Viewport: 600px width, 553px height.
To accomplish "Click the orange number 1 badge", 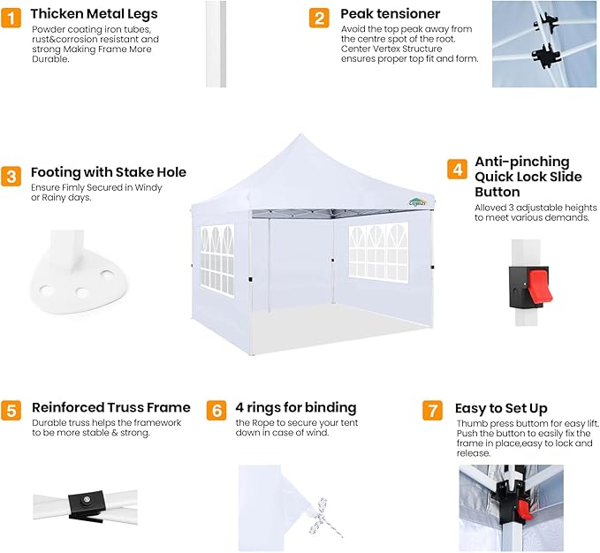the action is [x=11, y=18].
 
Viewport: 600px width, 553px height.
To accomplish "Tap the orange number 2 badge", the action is [x=319, y=18].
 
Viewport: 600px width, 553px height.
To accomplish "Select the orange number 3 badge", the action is [x=11, y=177].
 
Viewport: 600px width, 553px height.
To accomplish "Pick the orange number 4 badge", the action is [x=457, y=169].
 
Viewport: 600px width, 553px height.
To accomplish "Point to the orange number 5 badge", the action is [x=11, y=411].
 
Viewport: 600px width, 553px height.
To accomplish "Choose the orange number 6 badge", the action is [x=216, y=411].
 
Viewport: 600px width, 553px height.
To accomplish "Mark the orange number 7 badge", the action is [x=432, y=411].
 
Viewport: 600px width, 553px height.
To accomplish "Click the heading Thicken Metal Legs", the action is [x=95, y=14].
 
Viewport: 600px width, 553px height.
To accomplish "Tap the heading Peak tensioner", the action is [x=391, y=14].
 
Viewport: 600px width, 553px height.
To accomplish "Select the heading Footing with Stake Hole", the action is [x=109, y=172].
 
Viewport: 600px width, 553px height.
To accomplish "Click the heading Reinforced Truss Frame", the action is [x=111, y=407].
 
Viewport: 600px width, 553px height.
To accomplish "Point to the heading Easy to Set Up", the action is [x=501, y=408].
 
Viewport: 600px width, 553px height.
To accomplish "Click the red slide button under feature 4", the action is [x=540, y=285].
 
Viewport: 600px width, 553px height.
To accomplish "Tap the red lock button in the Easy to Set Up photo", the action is [x=524, y=510].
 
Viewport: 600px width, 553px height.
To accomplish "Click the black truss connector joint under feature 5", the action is [x=86, y=504].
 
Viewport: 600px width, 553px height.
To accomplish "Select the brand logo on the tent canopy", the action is [x=417, y=202].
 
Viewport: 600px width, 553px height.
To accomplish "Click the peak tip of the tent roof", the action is [x=300, y=134].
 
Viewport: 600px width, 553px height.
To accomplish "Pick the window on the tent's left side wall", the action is [x=217, y=261].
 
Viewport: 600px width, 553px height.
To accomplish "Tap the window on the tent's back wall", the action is [x=378, y=253].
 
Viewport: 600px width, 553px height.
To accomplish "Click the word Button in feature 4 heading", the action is [x=497, y=192].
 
